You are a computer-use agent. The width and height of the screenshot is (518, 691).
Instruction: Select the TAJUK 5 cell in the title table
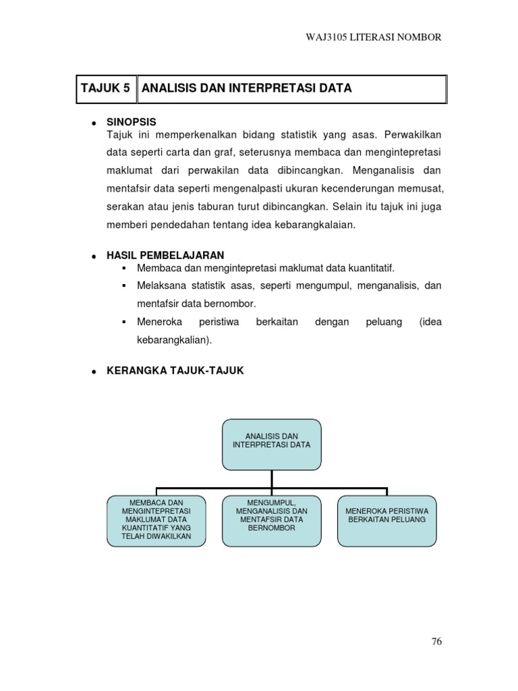point(105,89)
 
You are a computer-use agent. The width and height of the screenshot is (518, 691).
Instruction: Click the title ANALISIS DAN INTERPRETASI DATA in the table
point(247,89)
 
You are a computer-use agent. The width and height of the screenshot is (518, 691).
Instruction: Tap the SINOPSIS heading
point(131,122)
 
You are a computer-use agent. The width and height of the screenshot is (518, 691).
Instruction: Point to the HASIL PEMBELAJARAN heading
point(165,256)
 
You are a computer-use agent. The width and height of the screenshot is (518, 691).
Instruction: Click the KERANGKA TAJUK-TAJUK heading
point(175,370)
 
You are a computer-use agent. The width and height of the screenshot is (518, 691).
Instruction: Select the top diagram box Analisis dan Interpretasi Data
point(271,444)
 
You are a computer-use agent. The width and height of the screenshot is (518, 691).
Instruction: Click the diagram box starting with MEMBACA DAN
point(156,521)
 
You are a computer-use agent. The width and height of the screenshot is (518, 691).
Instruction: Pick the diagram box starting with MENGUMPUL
point(272,521)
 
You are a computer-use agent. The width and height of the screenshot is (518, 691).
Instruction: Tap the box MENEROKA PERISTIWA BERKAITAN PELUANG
point(386,521)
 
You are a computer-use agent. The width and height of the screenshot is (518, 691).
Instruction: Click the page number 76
point(436,642)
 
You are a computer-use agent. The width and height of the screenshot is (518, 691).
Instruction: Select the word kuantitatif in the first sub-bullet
point(366,268)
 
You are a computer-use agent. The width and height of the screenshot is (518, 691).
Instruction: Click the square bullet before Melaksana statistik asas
point(124,286)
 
